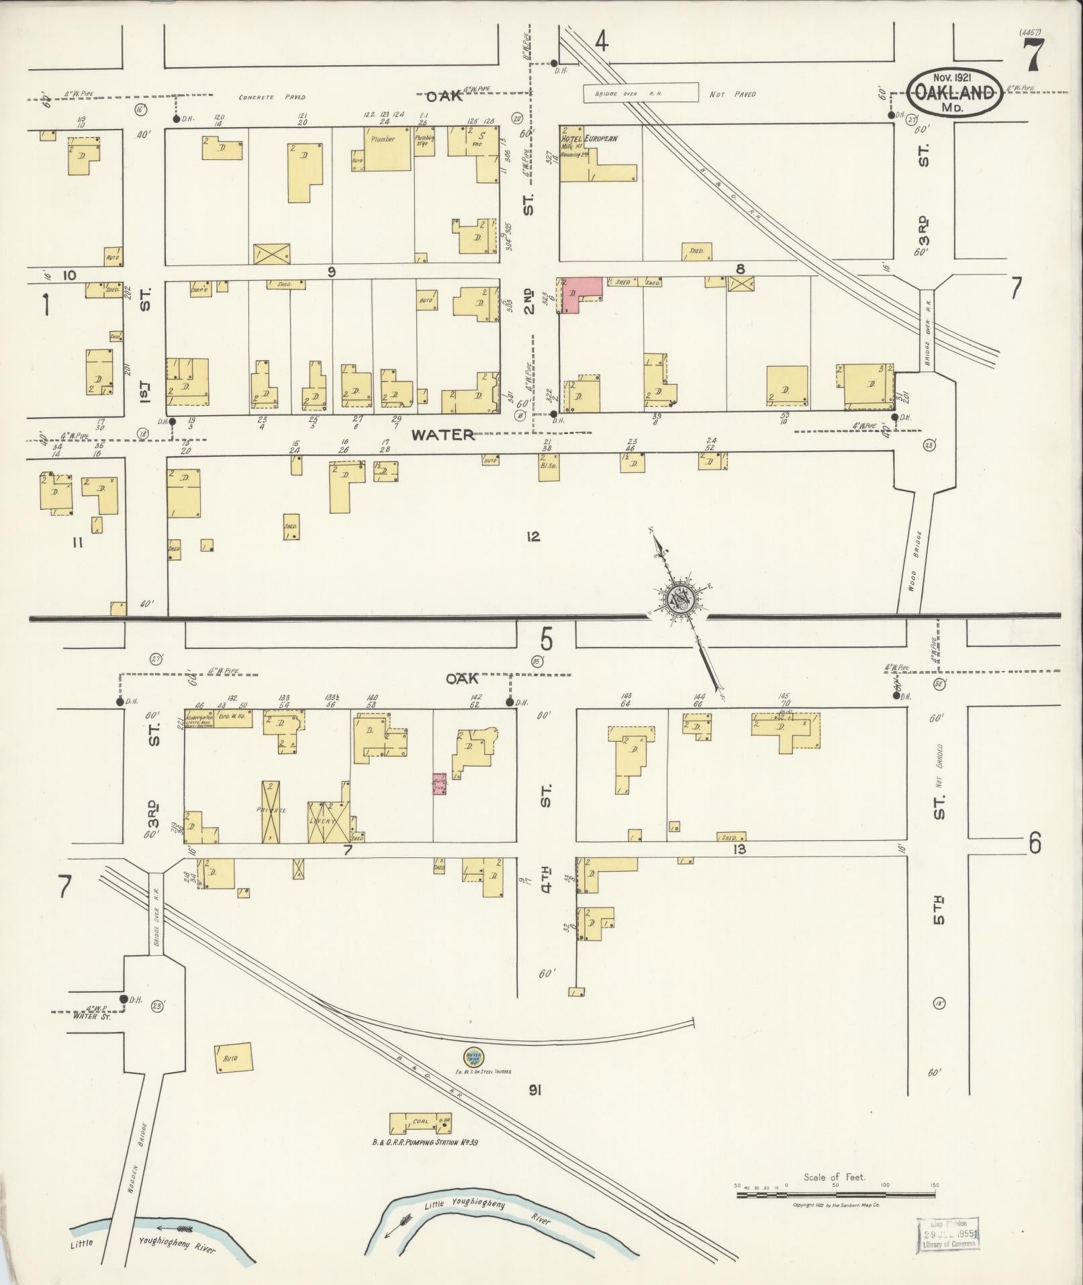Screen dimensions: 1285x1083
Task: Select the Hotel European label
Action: (589, 138)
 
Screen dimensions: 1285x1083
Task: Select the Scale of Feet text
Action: (835, 1177)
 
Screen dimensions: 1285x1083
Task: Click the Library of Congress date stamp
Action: (947, 1235)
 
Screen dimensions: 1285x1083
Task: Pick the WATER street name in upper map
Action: (442, 435)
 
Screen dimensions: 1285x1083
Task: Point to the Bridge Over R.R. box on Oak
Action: (639, 93)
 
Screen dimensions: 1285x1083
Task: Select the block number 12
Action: (533, 536)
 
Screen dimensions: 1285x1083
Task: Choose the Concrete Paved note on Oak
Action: (272, 97)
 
